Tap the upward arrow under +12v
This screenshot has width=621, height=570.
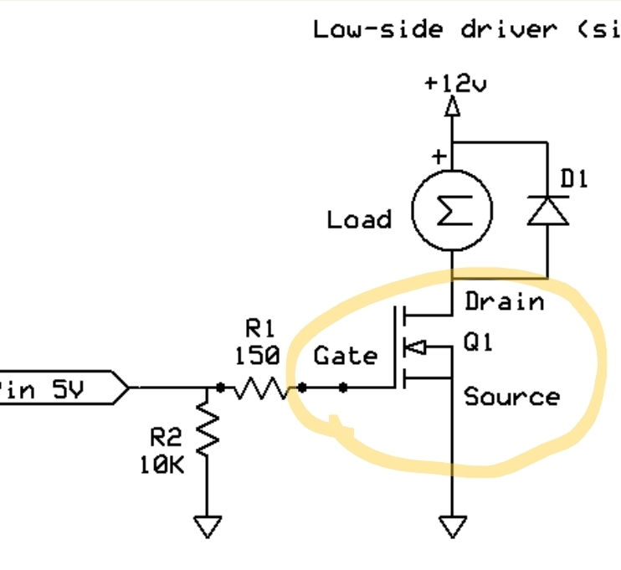pyautogui.click(x=452, y=106)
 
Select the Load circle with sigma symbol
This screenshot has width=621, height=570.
pyautogui.click(x=452, y=210)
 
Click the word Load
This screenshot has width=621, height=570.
pyautogui.click(x=359, y=220)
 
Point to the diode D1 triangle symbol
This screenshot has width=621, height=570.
pyautogui.click(x=547, y=211)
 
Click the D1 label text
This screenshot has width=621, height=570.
pyautogui.click(x=574, y=178)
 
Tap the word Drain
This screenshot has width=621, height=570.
pyautogui.click(x=504, y=300)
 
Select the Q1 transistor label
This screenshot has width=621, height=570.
pyautogui.click(x=479, y=342)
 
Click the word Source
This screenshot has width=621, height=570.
pyautogui.click(x=511, y=396)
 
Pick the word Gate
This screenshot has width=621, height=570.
pyautogui.click(x=346, y=356)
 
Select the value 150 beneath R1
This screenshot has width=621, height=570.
pyautogui.click(x=258, y=355)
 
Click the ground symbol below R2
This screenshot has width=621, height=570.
pyautogui.click(x=207, y=526)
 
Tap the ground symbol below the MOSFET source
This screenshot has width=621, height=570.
pyautogui.click(x=452, y=526)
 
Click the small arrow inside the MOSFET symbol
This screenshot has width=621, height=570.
pyautogui.click(x=415, y=347)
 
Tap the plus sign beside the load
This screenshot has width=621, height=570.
pyautogui.click(x=436, y=157)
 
